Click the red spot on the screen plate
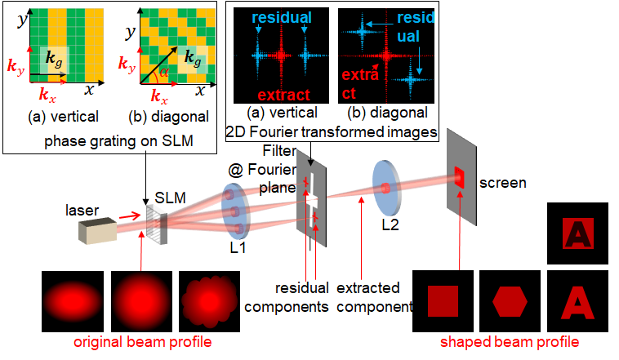coord(459,176)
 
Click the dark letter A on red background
coord(579,233)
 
